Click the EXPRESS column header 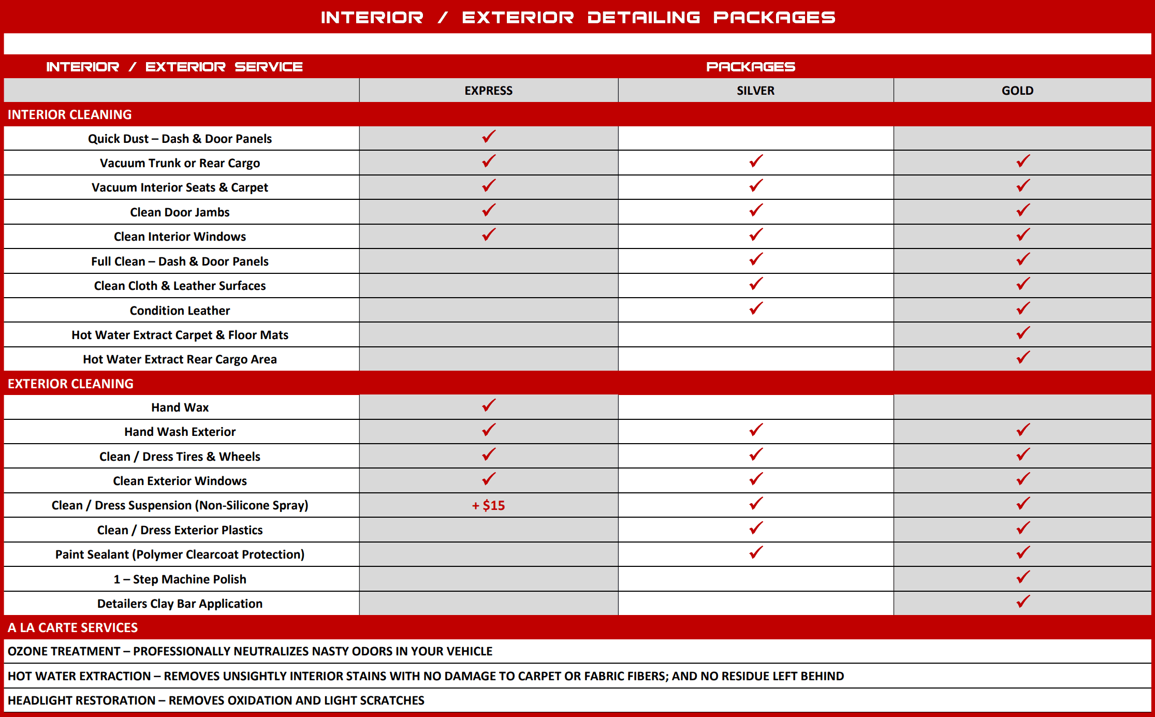click(x=488, y=91)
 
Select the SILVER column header click(x=755, y=91)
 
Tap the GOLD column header click(x=1017, y=91)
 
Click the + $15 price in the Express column click(x=488, y=505)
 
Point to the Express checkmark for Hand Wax click(x=489, y=405)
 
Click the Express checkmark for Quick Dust click(x=489, y=137)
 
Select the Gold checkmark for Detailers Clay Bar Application click(x=1023, y=602)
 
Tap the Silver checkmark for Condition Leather click(x=756, y=309)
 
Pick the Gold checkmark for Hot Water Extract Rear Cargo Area click(x=1023, y=357)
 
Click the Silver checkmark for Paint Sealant click(x=756, y=552)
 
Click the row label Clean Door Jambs click(x=180, y=212)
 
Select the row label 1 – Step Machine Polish click(x=180, y=579)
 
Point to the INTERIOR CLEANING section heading click(x=69, y=114)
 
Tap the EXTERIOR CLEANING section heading click(x=70, y=384)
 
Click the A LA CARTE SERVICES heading click(x=72, y=627)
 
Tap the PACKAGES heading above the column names click(x=750, y=67)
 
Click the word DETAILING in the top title click(x=644, y=18)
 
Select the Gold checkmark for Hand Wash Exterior click(x=1023, y=430)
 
